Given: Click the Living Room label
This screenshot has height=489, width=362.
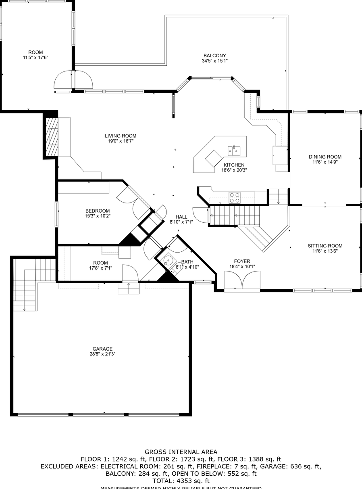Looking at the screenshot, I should [121, 136].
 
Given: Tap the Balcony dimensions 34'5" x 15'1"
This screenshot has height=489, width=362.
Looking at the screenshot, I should [214, 61].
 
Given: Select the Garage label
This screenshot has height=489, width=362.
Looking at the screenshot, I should [102, 349].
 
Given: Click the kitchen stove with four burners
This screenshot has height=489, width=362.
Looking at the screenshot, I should [235, 198].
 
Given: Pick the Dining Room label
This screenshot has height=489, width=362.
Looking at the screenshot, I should [325, 157].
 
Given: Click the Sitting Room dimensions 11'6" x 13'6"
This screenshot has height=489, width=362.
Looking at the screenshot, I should [325, 251].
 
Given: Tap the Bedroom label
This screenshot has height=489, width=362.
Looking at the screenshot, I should [98, 211].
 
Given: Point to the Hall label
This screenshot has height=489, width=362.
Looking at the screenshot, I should [181, 217].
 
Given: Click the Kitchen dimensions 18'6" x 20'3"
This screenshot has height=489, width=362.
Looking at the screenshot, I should [234, 170].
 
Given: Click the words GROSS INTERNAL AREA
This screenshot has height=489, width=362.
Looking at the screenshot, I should [181, 452].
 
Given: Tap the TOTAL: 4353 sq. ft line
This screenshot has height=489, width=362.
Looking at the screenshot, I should [181, 481].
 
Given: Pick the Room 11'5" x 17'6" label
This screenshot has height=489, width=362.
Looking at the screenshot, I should [35, 52].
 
